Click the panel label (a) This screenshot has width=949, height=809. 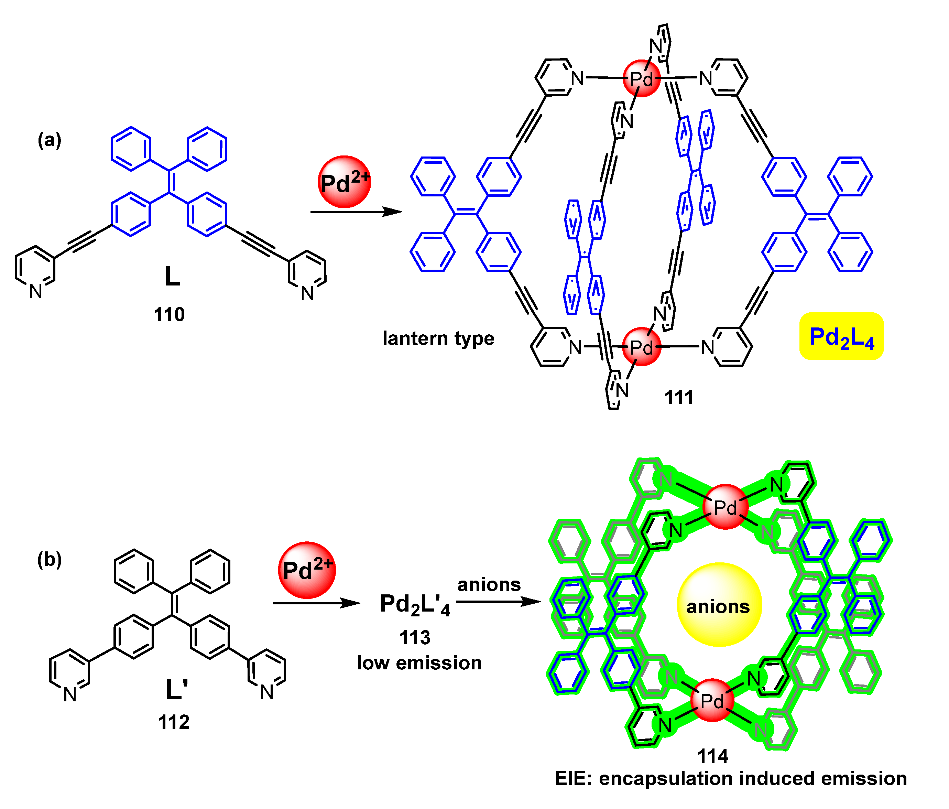[x=50, y=140]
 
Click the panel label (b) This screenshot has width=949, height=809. [x=50, y=559]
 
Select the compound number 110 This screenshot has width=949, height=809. [x=169, y=315]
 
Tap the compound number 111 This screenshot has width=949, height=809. [x=679, y=397]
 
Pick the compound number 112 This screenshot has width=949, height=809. [x=174, y=722]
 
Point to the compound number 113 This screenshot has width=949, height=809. [x=415, y=638]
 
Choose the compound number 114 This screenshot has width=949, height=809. [x=713, y=756]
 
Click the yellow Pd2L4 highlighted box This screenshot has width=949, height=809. [x=841, y=337]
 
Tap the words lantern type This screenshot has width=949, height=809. [x=438, y=338]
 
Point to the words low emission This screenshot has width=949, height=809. [x=419, y=663]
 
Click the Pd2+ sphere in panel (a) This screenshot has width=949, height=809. [x=345, y=182]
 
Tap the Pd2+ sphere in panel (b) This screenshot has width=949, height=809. [x=307, y=570]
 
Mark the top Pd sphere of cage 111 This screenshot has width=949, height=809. [x=641, y=79]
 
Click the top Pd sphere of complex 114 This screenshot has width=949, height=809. [x=726, y=507]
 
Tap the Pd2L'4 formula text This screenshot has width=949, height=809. [x=415, y=605]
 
